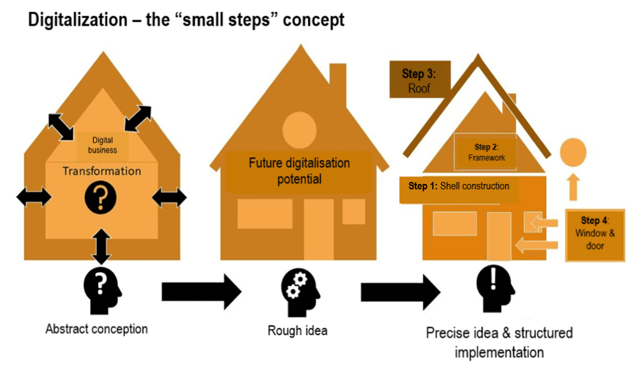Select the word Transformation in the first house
click(102, 171)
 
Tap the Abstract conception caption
click(96, 330)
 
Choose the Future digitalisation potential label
click(299, 171)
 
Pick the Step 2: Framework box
click(486, 152)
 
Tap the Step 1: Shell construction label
click(459, 186)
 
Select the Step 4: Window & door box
click(595, 233)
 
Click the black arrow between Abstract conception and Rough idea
click(201, 290)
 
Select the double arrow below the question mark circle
click(102, 246)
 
